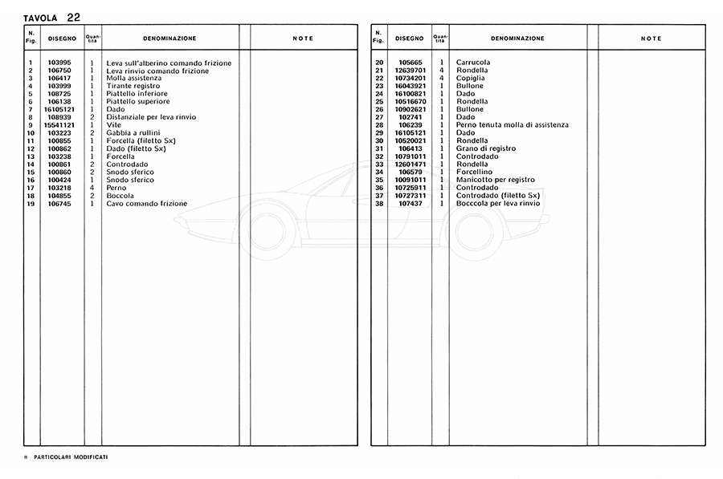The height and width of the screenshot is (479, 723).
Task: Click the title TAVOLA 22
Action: (x=51, y=16)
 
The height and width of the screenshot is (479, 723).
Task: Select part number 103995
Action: (x=59, y=63)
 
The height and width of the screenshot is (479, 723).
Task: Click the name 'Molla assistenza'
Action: (x=134, y=79)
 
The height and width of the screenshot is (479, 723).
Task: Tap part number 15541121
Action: (x=59, y=125)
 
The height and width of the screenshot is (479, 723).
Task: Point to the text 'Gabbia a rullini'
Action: (x=133, y=133)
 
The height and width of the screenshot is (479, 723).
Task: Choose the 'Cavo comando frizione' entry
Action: (x=147, y=204)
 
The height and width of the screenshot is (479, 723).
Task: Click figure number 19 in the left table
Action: (x=30, y=204)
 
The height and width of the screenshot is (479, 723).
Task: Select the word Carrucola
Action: (x=472, y=63)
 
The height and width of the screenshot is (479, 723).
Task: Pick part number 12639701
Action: (x=410, y=71)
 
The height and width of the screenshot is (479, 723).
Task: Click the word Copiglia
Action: (x=470, y=79)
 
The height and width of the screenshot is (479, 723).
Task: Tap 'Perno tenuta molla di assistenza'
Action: (x=512, y=125)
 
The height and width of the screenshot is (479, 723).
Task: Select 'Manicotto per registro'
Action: (x=494, y=180)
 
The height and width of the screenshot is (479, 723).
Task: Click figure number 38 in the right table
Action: (x=379, y=204)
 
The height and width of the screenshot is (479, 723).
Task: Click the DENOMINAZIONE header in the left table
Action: (x=170, y=39)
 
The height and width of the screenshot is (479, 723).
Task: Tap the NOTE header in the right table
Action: (x=652, y=39)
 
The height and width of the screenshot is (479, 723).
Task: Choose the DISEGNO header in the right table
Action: (x=410, y=39)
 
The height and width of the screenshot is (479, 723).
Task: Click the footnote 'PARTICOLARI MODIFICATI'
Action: (x=72, y=457)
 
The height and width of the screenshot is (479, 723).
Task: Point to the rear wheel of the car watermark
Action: (x=475, y=228)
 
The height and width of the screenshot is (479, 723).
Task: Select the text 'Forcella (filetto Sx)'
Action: (x=141, y=141)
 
